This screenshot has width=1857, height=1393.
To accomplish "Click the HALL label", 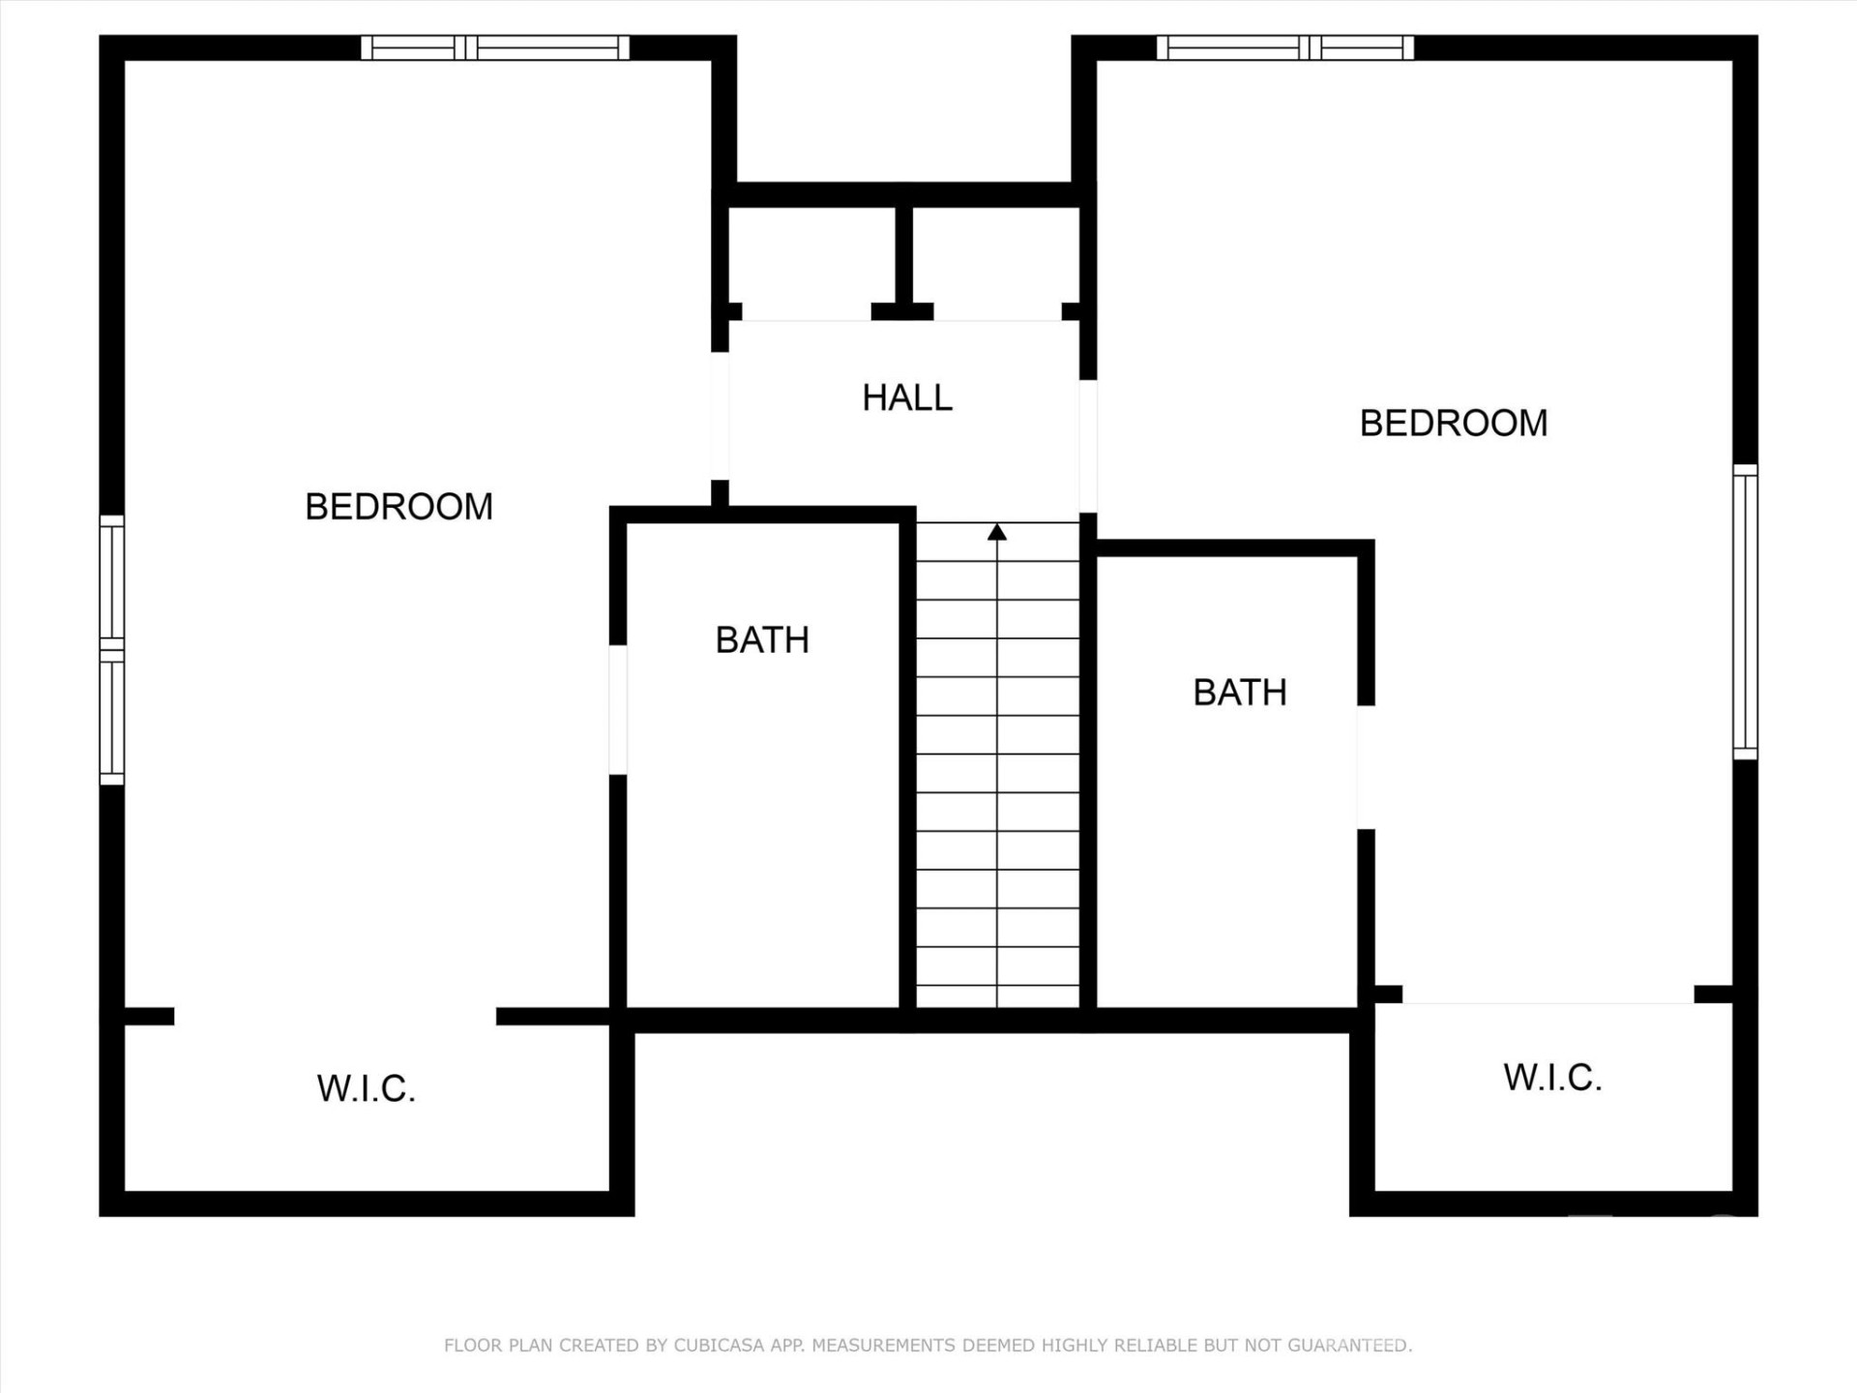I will (x=907, y=398).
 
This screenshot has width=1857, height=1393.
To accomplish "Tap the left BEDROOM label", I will (x=398, y=507).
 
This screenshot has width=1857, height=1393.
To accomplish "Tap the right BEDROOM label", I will (x=1454, y=423).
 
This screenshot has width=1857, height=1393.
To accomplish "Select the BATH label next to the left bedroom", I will (x=762, y=640).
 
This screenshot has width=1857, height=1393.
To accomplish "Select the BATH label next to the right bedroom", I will (x=1240, y=693).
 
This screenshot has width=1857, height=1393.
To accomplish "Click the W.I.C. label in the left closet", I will (x=366, y=1089).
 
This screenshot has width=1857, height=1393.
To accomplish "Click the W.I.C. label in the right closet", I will (x=1552, y=1078).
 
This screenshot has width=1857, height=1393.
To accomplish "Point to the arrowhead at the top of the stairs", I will (x=997, y=532).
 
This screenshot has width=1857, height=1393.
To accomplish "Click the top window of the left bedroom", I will (x=495, y=47).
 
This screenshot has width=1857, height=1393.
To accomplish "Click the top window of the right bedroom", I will (x=1285, y=47).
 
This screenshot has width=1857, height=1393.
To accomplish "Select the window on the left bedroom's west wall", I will (x=112, y=649).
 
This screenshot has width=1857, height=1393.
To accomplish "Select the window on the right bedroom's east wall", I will (x=1745, y=611).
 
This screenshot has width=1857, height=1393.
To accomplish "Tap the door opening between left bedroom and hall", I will (x=720, y=416).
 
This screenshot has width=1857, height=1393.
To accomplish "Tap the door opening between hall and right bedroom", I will (x=1088, y=446).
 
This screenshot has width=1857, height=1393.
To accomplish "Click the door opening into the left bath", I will (x=618, y=709).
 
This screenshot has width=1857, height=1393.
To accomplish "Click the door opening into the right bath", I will (x=1366, y=767).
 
